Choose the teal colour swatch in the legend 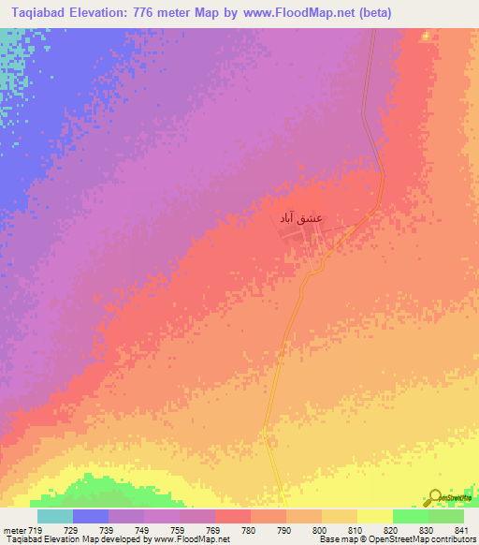(55, 516)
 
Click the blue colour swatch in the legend (91, 516)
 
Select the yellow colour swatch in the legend (374, 516)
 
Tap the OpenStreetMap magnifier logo (436, 497)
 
